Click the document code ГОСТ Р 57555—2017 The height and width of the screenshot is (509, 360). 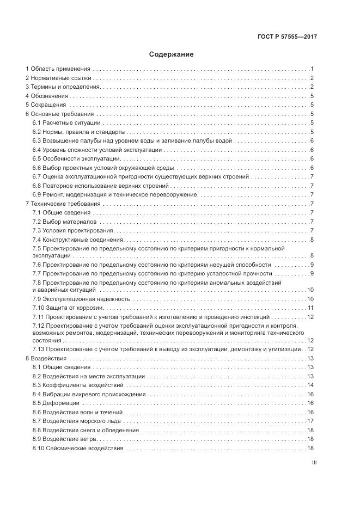(x=287, y=38)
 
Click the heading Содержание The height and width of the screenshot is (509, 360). (x=171, y=54)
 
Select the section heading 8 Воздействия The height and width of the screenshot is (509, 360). (x=46, y=358)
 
